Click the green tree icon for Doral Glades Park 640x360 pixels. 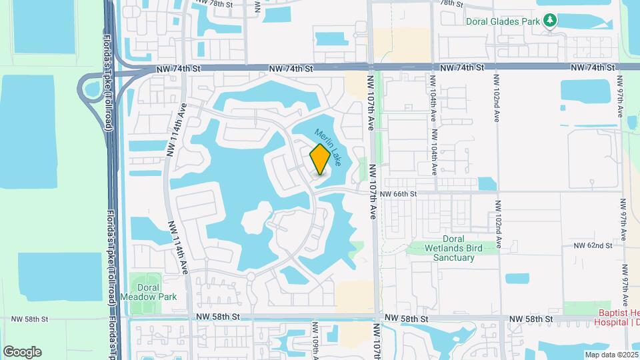(550, 21)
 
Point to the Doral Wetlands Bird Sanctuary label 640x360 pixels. (453, 248)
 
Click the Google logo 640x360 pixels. (22, 352)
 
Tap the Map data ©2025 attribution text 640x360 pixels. (611, 355)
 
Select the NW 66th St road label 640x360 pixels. (398, 193)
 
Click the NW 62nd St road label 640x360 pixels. (593, 245)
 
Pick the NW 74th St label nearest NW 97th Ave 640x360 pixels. (591, 68)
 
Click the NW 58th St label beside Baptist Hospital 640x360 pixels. (531, 320)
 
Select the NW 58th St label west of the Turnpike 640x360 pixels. (27, 319)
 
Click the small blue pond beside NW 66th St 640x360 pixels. (487, 183)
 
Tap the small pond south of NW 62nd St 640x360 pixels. (517, 278)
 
